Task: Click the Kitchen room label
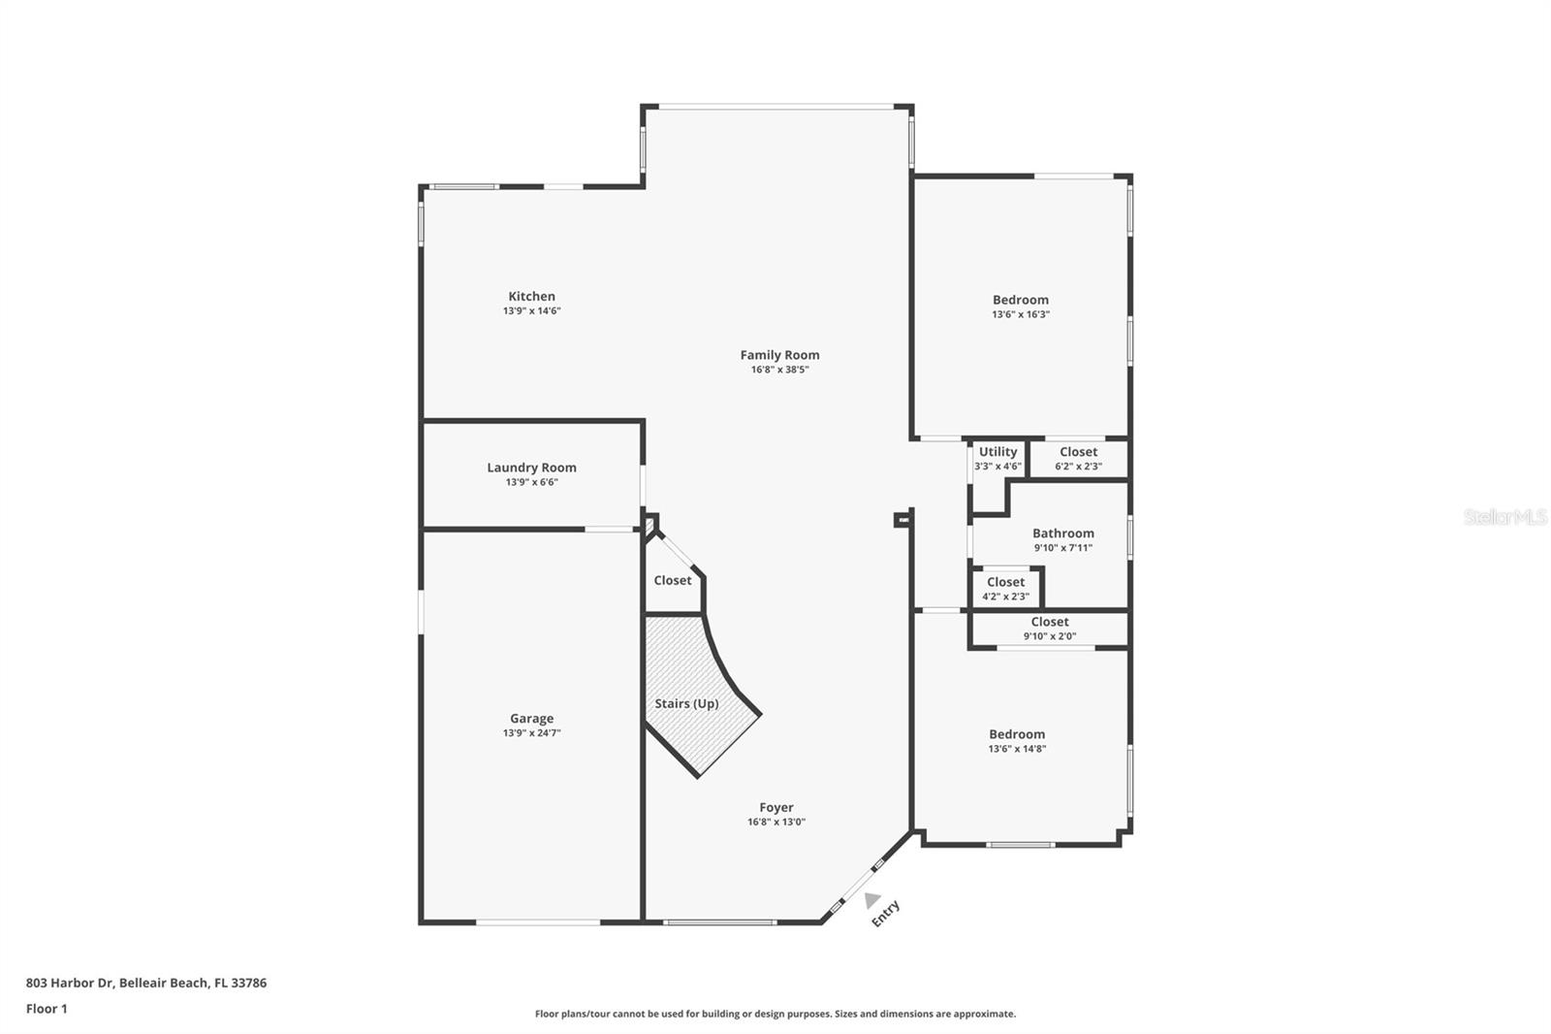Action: (x=531, y=297)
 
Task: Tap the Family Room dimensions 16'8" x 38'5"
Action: (x=779, y=370)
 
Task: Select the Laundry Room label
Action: (x=531, y=468)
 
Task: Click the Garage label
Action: (x=531, y=719)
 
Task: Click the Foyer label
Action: (x=775, y=807)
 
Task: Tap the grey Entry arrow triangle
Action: (x=871, y=900)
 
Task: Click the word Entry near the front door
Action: (x=886, y=913)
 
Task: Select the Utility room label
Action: (x=997, y=452)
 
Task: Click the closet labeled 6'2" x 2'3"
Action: (x=1078, y=458)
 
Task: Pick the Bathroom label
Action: (x=1062, y=533)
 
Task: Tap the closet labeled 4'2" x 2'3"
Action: (x=1005, y=589)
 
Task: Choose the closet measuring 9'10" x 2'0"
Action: (x=1050, y=629)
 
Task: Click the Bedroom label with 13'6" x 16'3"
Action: (x=1020, y=300)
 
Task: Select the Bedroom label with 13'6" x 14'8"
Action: (x=1017, y=734)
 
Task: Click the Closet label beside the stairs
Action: (x=673, y=580)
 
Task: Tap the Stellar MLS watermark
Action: (x=1504, y=517)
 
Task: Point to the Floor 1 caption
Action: (x=47, y=1009)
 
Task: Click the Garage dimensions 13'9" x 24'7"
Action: (x=531, y=733)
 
